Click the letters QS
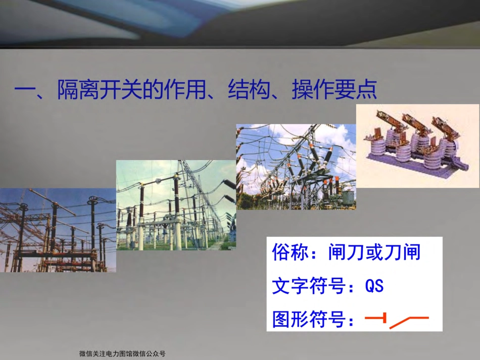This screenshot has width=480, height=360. (374, 286)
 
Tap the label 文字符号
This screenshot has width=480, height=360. (309, 286)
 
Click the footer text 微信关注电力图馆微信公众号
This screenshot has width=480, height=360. (122, 354)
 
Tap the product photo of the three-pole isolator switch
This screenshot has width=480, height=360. (417, 145)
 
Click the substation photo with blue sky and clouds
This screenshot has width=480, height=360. (296, 166)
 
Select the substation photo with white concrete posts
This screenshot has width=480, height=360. (176, 204)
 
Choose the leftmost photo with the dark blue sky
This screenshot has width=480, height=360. (58, 230)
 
